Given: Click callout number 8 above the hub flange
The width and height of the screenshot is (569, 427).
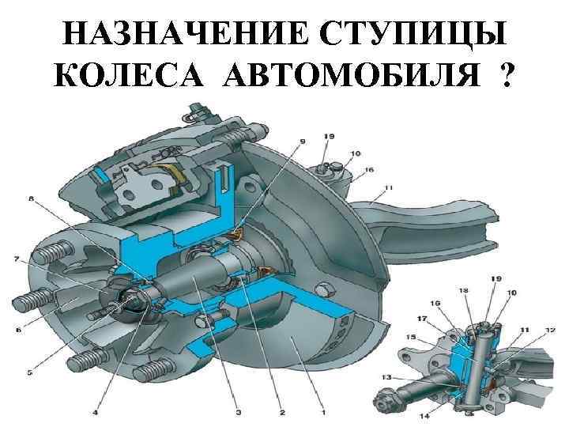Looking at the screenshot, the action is (x=32, y=200).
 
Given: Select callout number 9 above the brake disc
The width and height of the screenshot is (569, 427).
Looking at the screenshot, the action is (x=301, y=142).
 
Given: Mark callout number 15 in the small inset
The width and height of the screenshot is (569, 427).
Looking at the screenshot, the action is (x=410, y=338).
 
